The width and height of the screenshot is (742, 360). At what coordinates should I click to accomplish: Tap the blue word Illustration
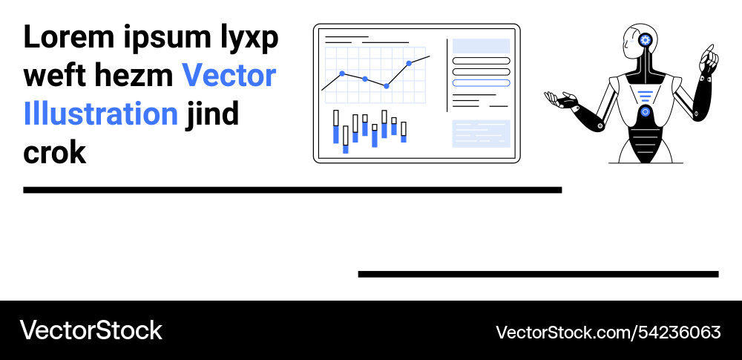[101, 114]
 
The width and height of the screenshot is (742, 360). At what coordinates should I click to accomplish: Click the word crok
[55, 153]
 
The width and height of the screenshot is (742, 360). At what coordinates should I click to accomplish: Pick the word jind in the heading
[212, 114]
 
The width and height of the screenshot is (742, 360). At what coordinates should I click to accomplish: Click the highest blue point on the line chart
[409, 64]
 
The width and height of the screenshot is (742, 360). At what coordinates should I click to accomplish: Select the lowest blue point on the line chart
[387, 86]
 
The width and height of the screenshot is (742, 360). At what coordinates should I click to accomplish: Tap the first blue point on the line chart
[342, 73]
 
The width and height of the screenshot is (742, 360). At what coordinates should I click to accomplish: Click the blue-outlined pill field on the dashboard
[481, 83]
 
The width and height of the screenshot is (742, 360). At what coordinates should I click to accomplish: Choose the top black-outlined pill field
[481, 61]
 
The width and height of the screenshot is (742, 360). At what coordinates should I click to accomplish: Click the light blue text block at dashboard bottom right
[481, 134]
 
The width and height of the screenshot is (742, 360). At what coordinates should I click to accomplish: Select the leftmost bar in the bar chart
[336, 127]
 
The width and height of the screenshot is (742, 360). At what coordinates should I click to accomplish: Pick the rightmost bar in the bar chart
[404, 131]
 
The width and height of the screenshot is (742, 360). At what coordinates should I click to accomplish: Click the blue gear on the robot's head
[645, 40]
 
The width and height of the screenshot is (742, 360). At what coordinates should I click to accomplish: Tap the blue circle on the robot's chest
[645, 112]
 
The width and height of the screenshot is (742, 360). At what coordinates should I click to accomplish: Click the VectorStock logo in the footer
[91, 330]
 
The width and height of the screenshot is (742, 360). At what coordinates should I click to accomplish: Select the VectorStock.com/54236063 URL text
[608, 332]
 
